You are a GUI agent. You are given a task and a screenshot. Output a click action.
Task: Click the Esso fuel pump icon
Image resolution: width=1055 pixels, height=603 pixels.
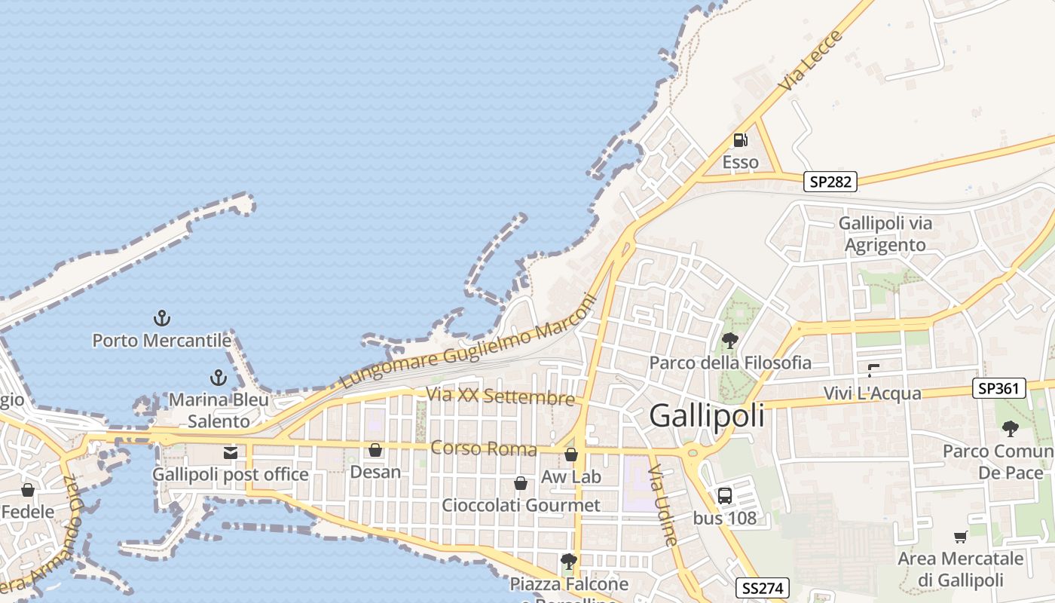740,140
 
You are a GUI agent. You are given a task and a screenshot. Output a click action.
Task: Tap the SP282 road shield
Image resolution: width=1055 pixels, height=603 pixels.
830,182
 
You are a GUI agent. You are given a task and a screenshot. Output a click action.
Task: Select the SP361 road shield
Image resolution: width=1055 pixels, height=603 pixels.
999,389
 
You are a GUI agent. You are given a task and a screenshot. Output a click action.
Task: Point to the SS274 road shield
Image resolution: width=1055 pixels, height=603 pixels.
762,588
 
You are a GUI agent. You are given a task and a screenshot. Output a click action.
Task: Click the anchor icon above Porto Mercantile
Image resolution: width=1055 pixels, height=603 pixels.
161,318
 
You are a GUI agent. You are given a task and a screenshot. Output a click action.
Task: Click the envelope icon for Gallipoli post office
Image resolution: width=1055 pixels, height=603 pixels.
231,453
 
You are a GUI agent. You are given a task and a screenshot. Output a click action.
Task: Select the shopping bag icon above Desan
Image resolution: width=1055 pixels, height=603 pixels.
375,450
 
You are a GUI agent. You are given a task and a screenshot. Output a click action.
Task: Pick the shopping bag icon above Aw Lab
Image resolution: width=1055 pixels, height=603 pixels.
571,455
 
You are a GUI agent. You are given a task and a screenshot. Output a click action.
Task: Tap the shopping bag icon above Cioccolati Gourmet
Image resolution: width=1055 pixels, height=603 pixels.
521,482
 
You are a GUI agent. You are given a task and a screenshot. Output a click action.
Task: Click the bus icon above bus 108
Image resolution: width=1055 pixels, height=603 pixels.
724,496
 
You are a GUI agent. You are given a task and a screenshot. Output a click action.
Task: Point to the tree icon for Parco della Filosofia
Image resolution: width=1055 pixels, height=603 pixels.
729,341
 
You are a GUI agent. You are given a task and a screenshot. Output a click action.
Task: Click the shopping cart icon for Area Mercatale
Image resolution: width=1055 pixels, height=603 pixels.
960,537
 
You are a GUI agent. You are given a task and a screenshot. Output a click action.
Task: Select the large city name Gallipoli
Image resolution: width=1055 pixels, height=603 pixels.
706,415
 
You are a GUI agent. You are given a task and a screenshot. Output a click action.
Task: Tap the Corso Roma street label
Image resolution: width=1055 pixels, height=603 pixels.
483,449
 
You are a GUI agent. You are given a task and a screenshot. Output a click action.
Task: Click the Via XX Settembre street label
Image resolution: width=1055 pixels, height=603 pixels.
500,396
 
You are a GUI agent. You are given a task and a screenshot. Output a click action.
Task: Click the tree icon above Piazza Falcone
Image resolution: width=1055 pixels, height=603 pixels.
569,562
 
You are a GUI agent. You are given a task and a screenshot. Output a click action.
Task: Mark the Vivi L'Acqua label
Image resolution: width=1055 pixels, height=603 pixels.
872,393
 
